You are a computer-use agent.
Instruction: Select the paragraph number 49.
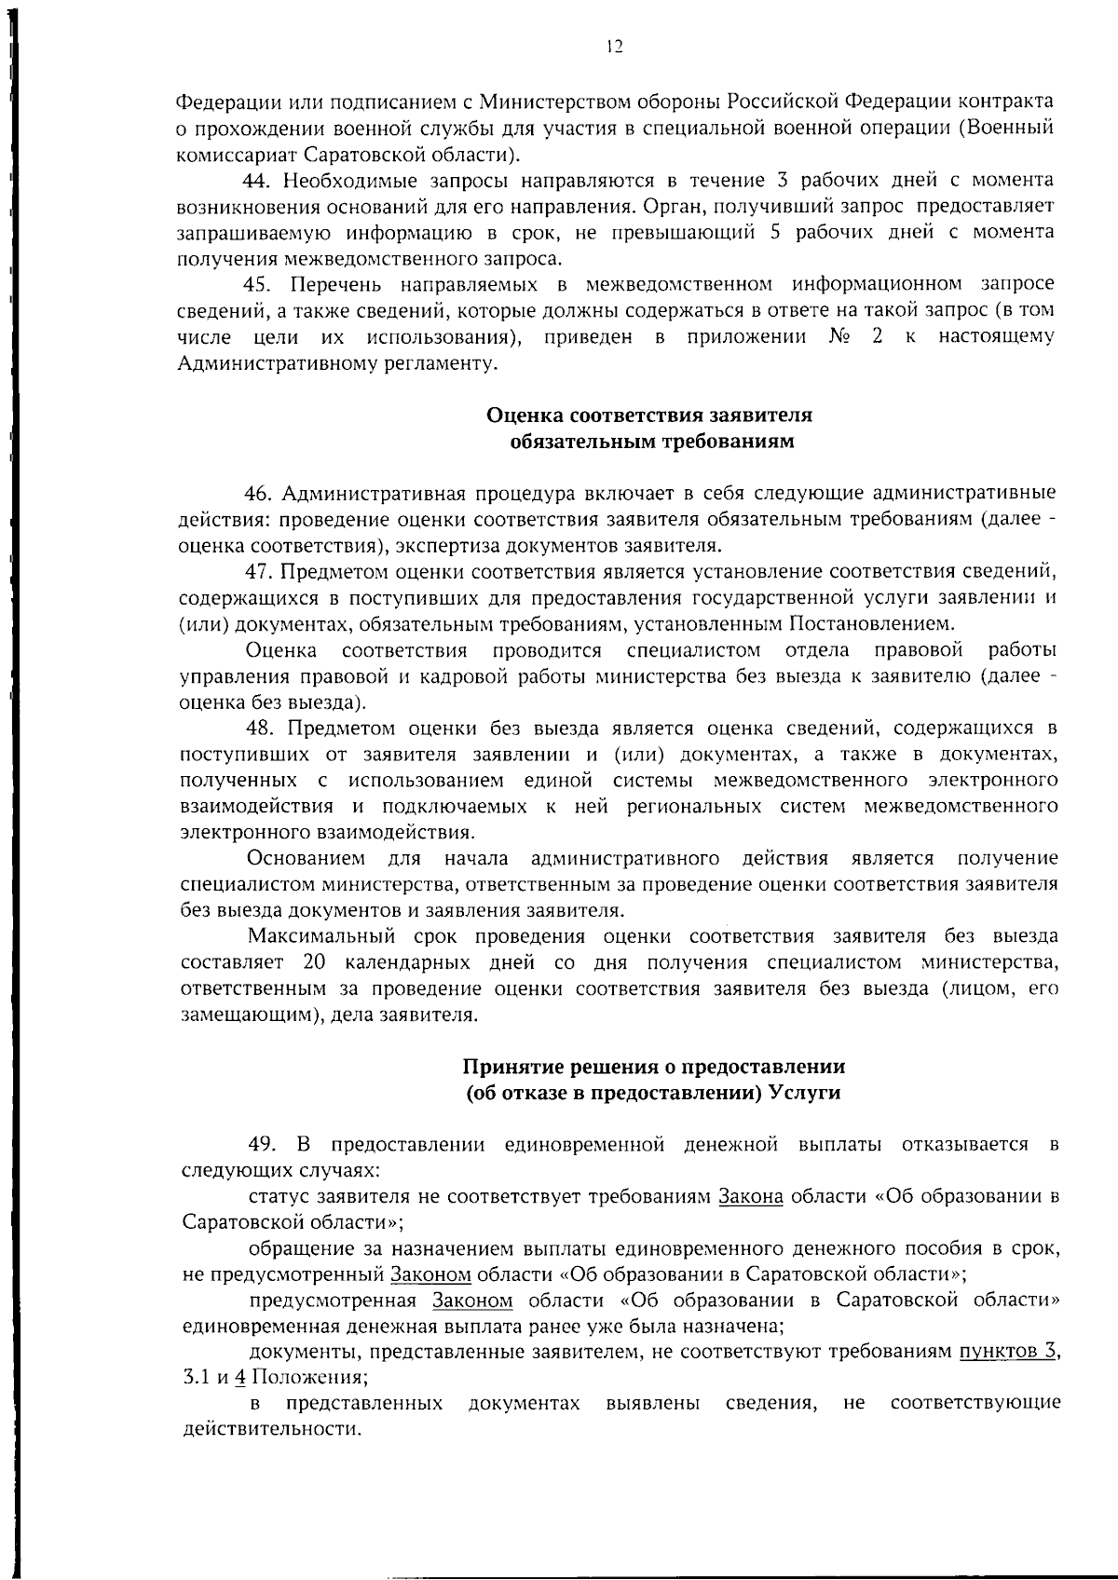[262, 1144]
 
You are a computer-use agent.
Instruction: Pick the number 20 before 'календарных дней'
[313, 962]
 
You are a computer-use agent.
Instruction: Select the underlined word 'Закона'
[750, 1197]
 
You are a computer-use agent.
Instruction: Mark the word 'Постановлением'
[870, 623]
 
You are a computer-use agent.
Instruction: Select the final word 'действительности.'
[270, 1430]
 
